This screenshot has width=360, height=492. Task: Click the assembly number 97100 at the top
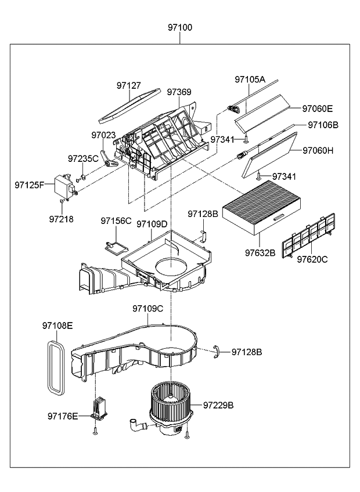pos(180,27)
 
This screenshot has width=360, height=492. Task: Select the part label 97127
pos(128,85)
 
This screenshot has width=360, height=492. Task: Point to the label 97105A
pos(250,79)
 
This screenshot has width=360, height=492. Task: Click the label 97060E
pos(317,108)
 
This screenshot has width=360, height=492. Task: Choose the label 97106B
pos(323,125)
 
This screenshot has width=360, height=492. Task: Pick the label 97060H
pos(318,150)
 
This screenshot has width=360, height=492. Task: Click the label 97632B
pos(260,252)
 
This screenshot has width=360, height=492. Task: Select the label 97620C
pos(312,259)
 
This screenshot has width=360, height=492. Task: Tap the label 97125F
pos(29,185)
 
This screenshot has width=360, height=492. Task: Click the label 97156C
pos(116,220)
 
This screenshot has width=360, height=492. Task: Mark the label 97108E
pos(57,325)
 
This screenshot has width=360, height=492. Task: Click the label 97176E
pos(63,416)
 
